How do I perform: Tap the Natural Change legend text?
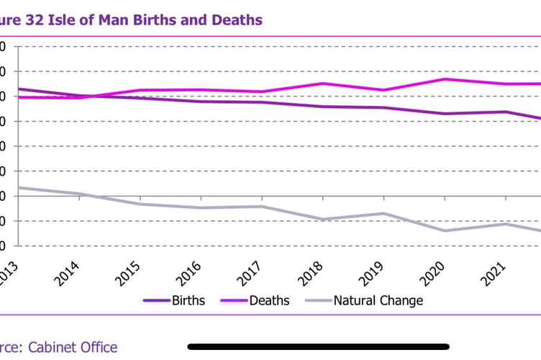point(378,300)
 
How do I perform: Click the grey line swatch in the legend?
point(318,300)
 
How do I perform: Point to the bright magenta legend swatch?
point(233,300)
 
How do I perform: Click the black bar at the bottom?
point(318,346)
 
